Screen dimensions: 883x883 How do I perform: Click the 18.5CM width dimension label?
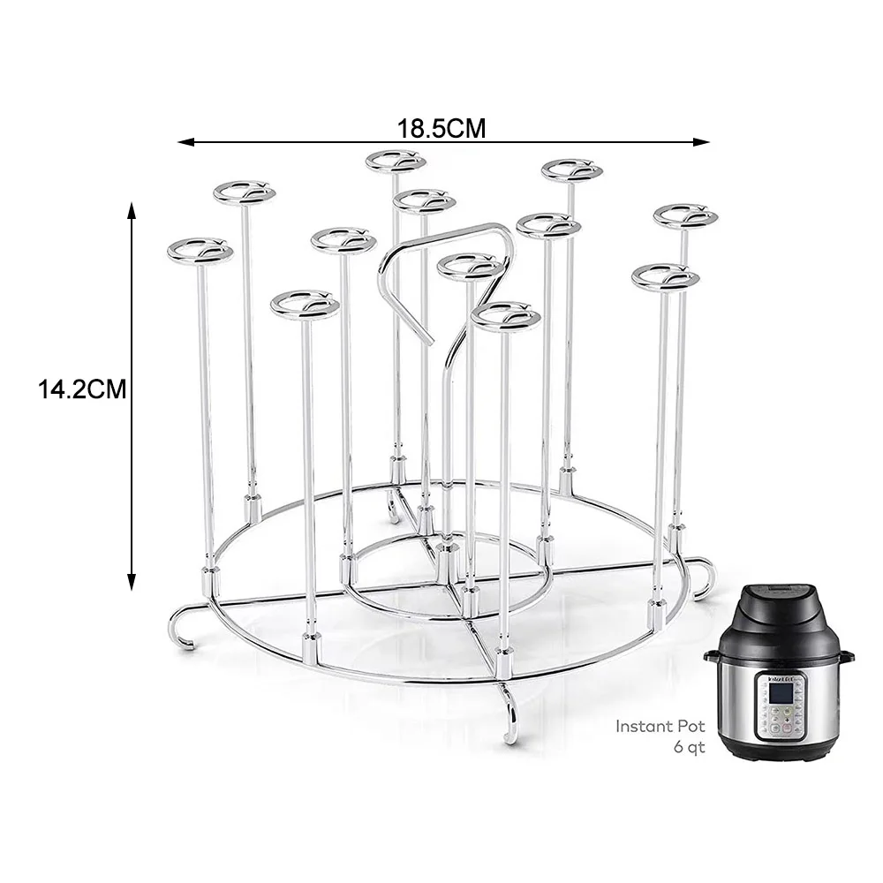[x=441, y=128]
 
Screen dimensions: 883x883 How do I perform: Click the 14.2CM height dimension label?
[x=82, y=389]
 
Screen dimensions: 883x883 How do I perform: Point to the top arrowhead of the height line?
[x=132, y=209]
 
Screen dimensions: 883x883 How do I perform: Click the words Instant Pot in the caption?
[x=660, y=727]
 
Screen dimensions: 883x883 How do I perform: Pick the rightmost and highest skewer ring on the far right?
[x=685, y=215]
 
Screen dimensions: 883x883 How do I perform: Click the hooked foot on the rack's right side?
[x=704, y=578]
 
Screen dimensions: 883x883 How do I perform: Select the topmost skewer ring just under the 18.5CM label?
[x=396, y=162]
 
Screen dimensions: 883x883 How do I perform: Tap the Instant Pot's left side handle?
[x=711, y=656]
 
